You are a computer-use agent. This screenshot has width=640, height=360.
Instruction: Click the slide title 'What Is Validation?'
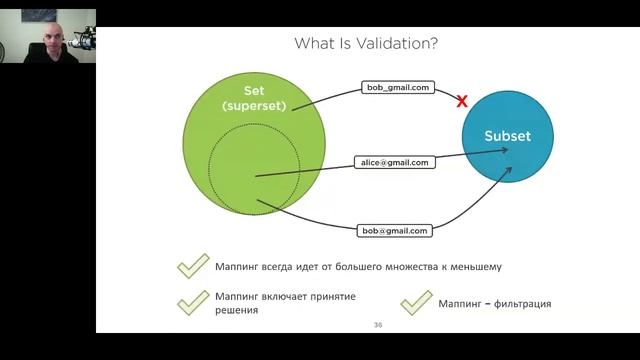click(x=365, y=43)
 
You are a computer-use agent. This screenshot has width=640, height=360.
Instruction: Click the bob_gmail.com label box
click(x=398, y=88)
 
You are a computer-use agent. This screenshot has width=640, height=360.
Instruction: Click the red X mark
click(x=462, y=101)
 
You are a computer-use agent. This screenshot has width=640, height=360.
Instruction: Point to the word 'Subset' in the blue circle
click(x=508, y=136)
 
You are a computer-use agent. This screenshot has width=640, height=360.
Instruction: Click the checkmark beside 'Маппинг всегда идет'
click(x=192, y=267)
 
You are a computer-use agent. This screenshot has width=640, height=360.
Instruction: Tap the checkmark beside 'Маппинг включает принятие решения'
click(x=192, y=303)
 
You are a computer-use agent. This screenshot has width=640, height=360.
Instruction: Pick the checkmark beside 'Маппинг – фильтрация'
click(x=416, y=303)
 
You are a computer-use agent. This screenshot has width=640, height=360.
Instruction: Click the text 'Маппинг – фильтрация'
click(x=495, y=304)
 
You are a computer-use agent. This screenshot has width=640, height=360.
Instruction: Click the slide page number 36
click(x=377, y=325)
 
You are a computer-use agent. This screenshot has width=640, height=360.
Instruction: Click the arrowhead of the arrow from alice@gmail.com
click(x=500, y=151)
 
